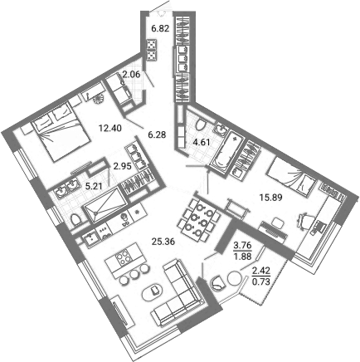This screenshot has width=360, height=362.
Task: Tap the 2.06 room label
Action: pos(131,76)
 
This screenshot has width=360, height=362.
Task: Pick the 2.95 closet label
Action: pos(123,165)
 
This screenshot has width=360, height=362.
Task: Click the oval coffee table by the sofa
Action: pos(154,291)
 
